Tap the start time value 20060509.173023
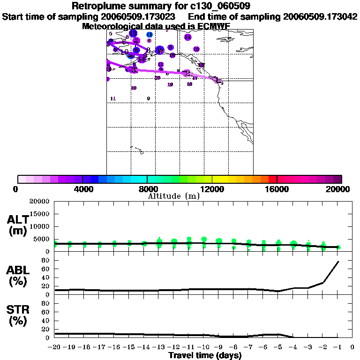click(139, 16)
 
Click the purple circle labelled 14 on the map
click(188, 37)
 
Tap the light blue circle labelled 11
click(149, 35)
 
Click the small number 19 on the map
click(170, 84)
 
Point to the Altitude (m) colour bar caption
click(173, 196)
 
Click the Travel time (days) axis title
click(205, 356)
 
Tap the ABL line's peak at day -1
click(338, 261)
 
